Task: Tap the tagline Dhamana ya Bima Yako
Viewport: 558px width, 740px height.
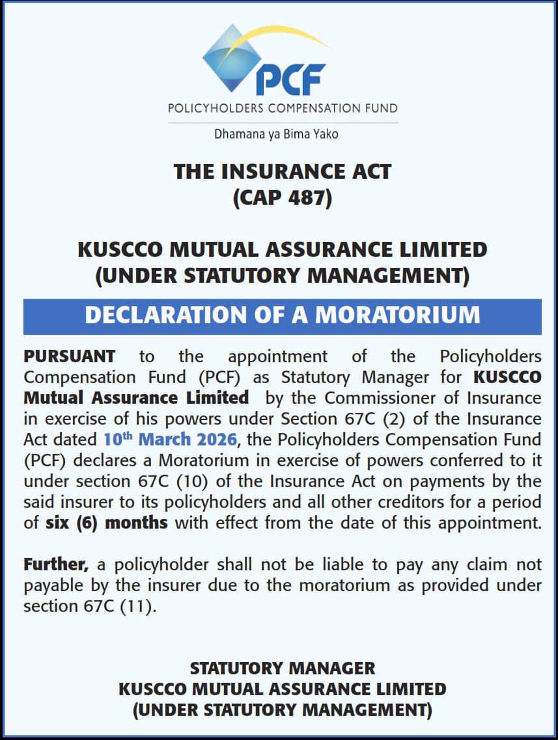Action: pos(276,135)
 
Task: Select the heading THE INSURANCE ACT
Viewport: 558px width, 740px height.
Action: pos(282,172)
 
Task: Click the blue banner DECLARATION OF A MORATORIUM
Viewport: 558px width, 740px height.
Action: pos(282,315)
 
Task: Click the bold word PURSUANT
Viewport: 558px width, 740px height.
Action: pos(70,356)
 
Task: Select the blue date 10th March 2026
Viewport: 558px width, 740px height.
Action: pos(169,440)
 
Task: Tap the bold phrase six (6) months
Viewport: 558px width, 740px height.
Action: pos(107,523)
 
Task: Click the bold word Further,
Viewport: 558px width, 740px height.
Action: pos(55,564)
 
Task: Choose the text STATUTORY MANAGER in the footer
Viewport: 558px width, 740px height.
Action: pos(282,668)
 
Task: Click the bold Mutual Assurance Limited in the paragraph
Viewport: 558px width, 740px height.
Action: pos(135,398)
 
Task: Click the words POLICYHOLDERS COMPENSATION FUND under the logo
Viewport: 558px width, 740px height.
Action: pos(282,108)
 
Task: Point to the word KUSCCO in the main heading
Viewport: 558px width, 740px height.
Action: pos(123,249)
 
